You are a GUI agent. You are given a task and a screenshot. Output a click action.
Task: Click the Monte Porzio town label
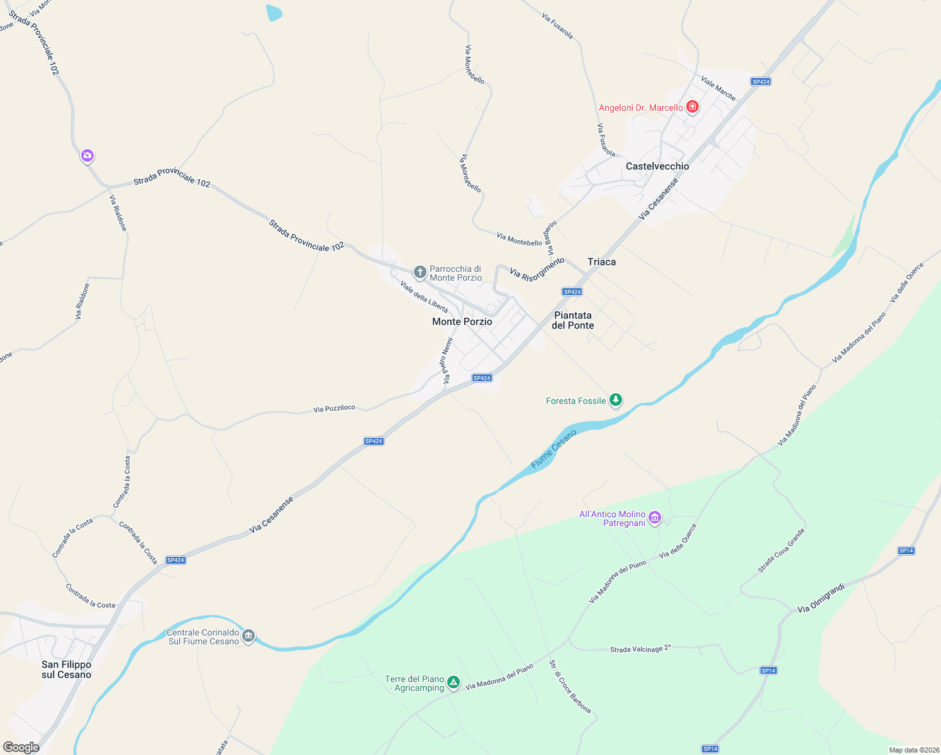[462, 322]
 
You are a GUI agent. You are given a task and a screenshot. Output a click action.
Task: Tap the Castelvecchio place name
[657, 166]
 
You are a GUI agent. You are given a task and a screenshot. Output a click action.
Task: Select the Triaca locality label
[601, 262]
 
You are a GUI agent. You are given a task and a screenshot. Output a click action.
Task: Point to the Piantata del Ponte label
[572, 320]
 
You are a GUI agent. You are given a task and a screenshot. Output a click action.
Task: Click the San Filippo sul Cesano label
[66, 669]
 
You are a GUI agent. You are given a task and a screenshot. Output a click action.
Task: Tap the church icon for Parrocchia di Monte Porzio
[420, 272]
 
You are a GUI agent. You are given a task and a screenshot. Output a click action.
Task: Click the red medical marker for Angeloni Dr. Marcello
[693, 107]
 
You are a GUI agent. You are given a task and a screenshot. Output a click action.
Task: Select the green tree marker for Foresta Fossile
[616, 400]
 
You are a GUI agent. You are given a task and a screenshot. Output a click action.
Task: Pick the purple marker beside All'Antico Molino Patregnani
[655, 518]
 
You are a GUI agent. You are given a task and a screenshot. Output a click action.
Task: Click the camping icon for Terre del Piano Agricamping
[453, 683]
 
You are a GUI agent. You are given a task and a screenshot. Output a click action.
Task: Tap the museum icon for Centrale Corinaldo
[248, 636]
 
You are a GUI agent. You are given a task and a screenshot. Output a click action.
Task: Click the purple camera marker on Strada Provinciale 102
[87, 155]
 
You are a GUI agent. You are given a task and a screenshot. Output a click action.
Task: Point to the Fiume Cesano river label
[554, 449]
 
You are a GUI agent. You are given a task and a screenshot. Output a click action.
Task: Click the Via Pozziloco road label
[334, 409]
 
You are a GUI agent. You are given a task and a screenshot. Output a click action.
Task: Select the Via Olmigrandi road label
[820, 598]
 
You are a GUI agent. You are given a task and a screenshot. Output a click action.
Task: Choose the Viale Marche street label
[718, 89]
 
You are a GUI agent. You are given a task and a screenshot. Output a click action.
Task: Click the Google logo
[21, 747]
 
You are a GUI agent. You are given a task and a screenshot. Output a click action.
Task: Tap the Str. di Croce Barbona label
[570, 686]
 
